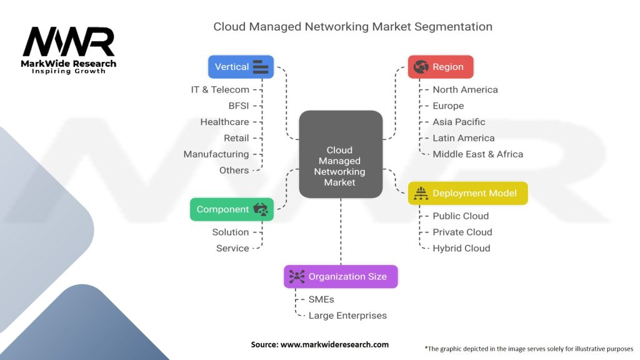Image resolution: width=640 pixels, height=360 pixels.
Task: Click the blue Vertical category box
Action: click(x=241, y=67)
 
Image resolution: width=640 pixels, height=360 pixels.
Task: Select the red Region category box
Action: click(x=441, y=67)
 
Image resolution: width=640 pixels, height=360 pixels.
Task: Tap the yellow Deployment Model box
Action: click(x=467, y=193)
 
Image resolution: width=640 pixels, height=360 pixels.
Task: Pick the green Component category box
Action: click(x=232, y=209)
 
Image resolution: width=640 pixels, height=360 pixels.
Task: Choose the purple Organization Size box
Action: click(x=341, y=276)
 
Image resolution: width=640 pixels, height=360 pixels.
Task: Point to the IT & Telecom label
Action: click(x=220, y=89)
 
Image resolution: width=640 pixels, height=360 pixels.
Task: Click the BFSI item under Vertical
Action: click(x=238, y=106)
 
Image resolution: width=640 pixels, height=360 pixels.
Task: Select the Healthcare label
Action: click(x=224, y=122)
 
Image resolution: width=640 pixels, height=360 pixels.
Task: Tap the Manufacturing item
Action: click(x=216, y=154)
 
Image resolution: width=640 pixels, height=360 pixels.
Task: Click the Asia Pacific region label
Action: click(x=459, y=122)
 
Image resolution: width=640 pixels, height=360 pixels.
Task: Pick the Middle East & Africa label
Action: click(x=477, y=154)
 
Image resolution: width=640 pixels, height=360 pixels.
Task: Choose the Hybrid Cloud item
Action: click(x=461, y=248)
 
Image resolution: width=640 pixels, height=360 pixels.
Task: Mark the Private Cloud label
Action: click(x=462, y=232)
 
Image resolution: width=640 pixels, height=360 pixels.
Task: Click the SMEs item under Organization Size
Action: click(x=321, y=299)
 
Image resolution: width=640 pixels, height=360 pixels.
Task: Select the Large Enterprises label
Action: click(x=347, y=316)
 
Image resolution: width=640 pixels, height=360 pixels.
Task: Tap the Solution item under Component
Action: click(x=231, y=232)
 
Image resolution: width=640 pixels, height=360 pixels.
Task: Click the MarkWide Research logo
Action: click(x=69, y=51)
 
